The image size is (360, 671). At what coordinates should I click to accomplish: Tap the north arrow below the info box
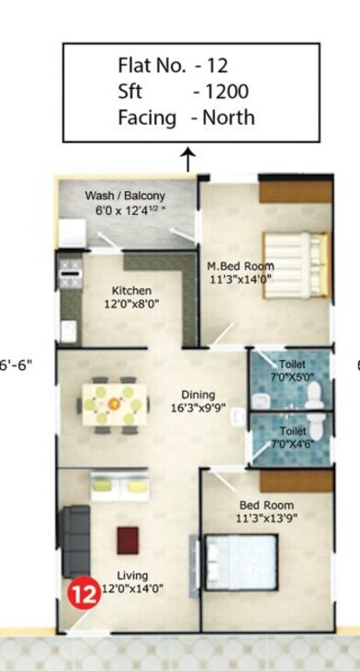coord(189,160)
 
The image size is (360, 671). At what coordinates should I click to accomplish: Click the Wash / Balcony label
coord(125,196)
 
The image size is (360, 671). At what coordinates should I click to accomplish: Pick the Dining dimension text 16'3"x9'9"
coord(198,408)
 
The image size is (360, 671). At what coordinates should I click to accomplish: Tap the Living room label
coord(134,576)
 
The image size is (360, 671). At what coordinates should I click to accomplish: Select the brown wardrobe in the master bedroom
coord(295,190)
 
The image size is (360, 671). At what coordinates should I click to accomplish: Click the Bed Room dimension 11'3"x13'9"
coord(267,518)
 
